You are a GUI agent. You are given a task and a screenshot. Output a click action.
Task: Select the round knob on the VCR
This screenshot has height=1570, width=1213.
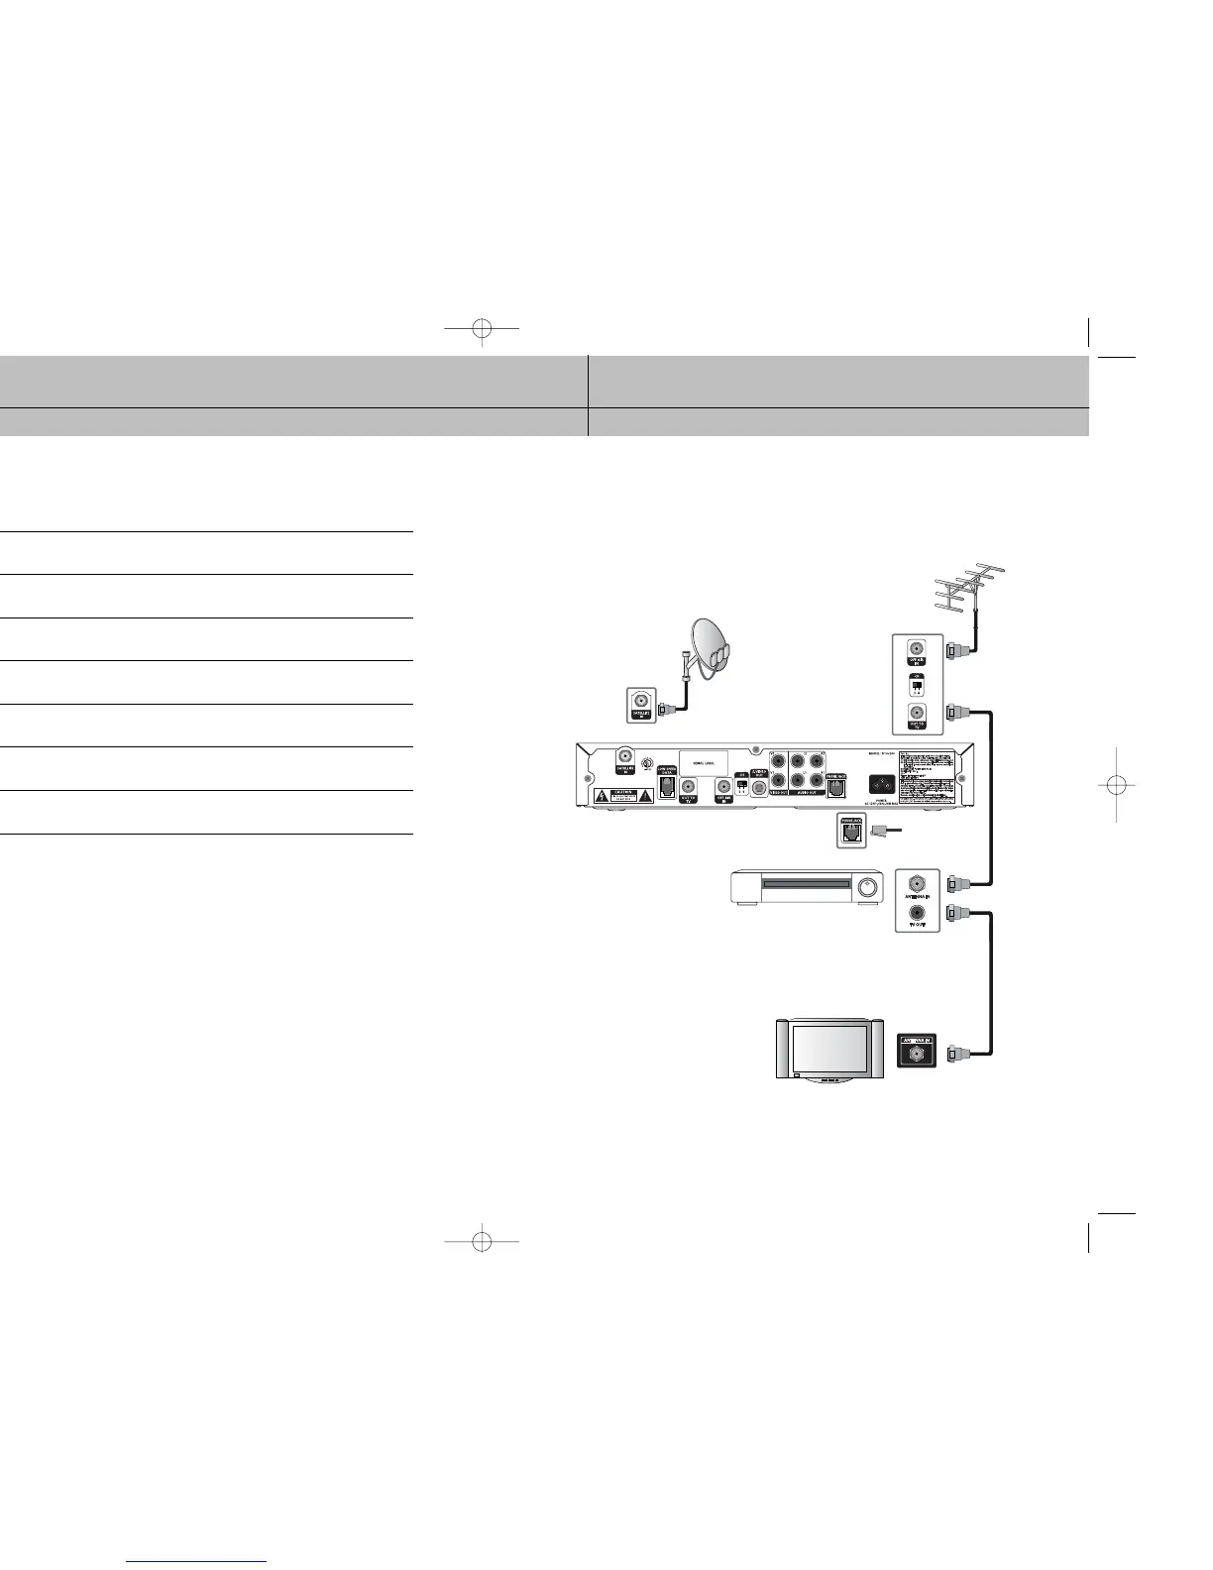869,887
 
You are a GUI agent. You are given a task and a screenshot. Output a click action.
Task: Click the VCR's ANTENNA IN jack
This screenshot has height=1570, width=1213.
917,881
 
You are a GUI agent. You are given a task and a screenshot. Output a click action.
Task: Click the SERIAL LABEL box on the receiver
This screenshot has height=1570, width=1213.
703,763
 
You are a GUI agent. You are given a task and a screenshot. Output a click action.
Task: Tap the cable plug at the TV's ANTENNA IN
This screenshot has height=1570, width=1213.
955,1055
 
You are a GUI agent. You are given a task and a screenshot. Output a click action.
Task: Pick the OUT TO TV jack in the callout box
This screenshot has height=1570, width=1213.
917,713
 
